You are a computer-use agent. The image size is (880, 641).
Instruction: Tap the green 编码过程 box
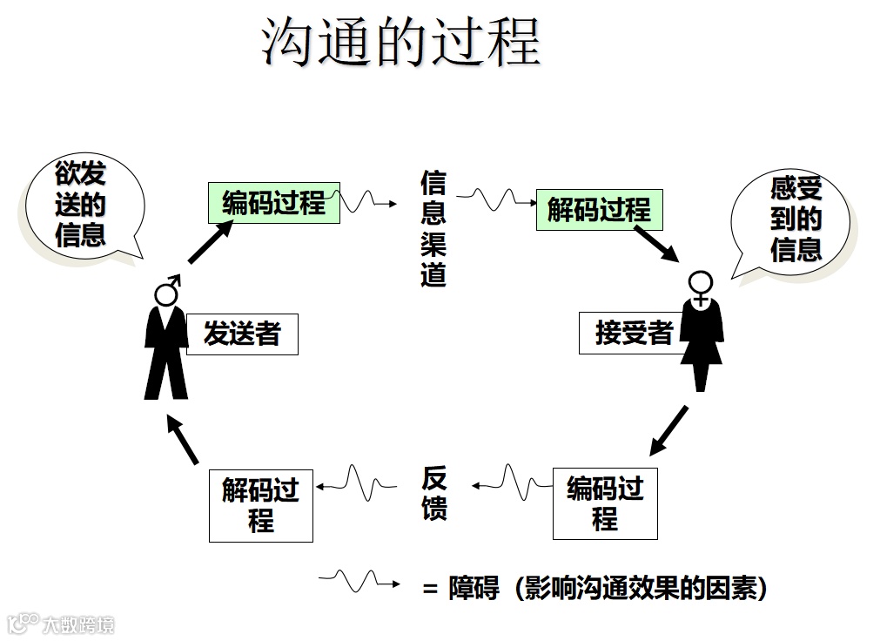[273, 203]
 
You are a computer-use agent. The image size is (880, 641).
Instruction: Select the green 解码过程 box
[598, 210]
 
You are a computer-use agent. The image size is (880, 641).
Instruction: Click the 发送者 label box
[242, 334]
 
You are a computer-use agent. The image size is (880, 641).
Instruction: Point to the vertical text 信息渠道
[433, 229]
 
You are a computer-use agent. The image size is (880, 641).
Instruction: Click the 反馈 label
[434, 493]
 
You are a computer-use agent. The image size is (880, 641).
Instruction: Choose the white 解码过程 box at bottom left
[260, 505]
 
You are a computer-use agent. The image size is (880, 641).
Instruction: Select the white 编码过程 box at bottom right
[605, 503]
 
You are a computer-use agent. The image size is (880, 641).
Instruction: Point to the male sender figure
[166, 339]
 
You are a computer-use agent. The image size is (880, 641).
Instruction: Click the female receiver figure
[701, 331]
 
